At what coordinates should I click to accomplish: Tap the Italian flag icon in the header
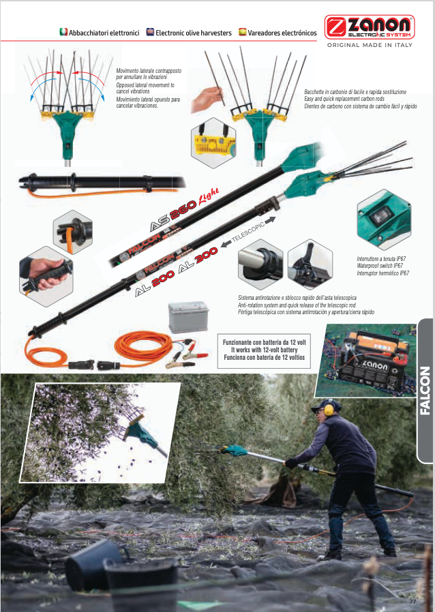tap(63, 32)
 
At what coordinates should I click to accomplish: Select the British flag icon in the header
tap(150, 32)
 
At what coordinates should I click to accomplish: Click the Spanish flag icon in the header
tap(243, 32)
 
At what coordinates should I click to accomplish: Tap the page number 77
tap(412, 601)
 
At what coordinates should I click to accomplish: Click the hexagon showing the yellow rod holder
tap(213, 143)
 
